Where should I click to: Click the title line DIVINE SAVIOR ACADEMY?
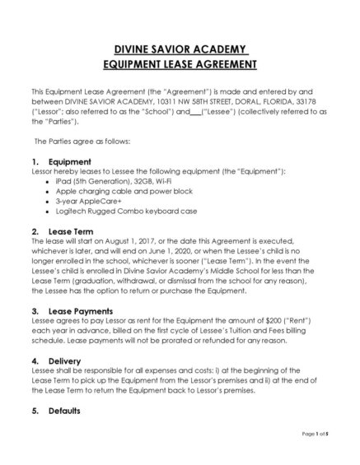tap(180, 49)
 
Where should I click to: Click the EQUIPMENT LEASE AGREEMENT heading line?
tap(180, 63)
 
